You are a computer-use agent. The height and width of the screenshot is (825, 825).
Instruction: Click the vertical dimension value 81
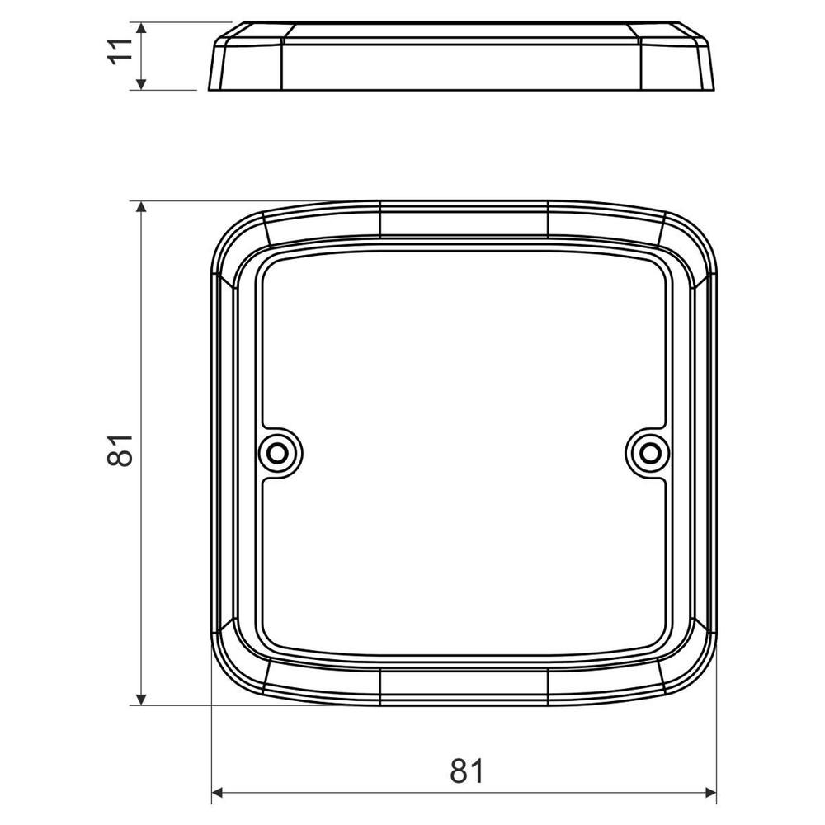click(120, 450)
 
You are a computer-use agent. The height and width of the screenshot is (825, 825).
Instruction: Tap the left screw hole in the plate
click(278, 451)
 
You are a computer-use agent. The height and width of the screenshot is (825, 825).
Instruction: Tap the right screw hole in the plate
click(651, 451)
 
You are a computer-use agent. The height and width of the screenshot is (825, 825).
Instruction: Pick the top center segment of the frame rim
click(464, 218)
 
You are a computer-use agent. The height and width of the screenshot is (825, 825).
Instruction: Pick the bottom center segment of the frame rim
click(464, 686)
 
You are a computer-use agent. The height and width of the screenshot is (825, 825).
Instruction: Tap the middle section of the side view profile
click(462, 62)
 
